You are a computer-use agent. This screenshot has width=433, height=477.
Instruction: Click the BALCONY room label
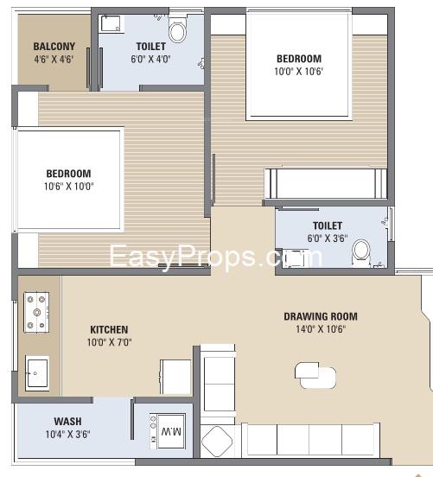(54, 47)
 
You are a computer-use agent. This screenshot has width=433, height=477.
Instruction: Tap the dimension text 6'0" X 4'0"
(150, 59)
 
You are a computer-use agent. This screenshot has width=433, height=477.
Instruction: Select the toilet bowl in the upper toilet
(177, 30)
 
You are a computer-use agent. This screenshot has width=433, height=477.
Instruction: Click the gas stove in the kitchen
(36, 312)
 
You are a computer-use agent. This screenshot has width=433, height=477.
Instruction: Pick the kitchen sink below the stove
(37, 373)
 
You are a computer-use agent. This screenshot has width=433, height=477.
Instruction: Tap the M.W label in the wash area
(171, 431)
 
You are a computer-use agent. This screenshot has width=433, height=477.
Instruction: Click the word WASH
(67, 422)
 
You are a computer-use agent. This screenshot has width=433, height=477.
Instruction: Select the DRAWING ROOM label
(321, 316)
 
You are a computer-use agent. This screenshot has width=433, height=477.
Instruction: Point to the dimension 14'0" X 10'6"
(321, 329)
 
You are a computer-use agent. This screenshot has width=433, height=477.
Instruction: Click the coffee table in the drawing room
(315, 375)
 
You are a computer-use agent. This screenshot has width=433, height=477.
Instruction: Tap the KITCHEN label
(109, 329)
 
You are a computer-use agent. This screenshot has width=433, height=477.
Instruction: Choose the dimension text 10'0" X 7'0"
(109, 342)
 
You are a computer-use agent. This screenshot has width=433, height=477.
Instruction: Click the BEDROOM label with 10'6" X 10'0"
(68, 174)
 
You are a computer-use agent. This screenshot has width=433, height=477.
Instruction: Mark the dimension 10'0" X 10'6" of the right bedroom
(298, 72)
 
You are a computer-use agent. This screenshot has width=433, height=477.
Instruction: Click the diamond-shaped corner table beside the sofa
(217, 441)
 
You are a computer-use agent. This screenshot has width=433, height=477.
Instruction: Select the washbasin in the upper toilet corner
(111, 23)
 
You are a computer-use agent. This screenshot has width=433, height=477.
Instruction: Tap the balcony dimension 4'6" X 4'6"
(54, 59)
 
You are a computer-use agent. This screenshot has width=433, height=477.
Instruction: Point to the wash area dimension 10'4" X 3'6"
(67, 434)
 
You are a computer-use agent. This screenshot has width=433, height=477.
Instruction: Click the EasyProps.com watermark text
(215, 257)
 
